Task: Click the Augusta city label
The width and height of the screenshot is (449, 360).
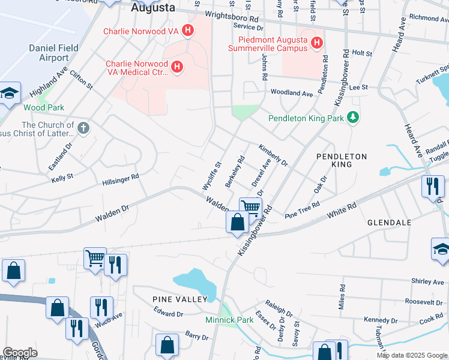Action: pyautogui.click(x=154, y=8)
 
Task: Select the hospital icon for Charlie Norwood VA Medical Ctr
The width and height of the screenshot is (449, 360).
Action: pyautogui.click(x=177, y=68)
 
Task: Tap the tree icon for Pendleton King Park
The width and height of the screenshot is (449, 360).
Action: pyautogui.click(x=354, y=118)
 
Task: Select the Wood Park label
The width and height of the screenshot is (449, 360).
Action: pyautogui.click(x=35, y=107)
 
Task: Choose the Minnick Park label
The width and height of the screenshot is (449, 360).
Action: pyautogui.click(x=229, y=320)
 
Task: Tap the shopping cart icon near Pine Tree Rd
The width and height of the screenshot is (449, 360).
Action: pyautogui.click(x=250, y=208)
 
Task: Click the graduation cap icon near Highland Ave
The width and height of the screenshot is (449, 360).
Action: pyautogui.click(x=10, y=93)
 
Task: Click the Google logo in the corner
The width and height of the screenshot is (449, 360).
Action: pyautogui.click(x=20, y=353)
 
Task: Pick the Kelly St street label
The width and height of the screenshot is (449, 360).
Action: pyautogui.click(x=62, y=178)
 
